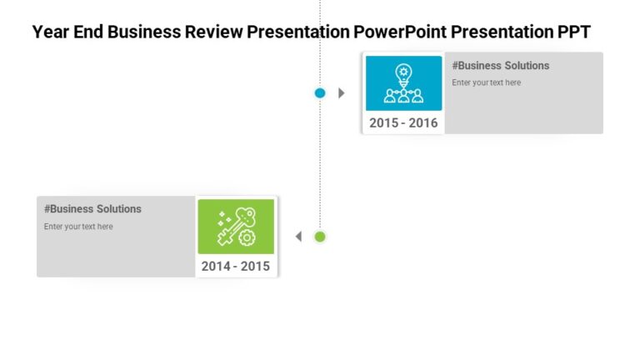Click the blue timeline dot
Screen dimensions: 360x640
(x=320, y=93)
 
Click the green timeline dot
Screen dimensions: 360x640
(x=320, y=237)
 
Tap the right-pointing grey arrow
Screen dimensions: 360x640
(x=341, y=93)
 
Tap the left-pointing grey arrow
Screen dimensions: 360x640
(x=298, y=237)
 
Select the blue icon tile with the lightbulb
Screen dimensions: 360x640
(x=403, y=83)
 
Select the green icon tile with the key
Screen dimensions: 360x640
(x=236, y=227)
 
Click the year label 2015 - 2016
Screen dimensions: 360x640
(x=403, y=123)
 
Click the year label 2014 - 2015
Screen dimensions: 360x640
(x=236, y=267)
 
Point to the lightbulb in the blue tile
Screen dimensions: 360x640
(x=403, y=72)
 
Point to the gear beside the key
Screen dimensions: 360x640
(x=247, y=238)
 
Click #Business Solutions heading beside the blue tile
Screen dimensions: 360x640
(x=501, y=66)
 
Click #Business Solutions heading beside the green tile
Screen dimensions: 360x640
(x=92, y=209)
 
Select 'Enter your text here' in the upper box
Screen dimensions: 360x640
(x=486, y=82)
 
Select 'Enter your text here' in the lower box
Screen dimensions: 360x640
(x=78, y=227)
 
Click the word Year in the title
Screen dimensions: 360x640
(x=49, y=32)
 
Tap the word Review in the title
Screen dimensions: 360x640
(x=215, y=32)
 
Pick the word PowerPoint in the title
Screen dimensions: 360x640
(x=396, y=32)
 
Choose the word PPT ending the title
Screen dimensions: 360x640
(x=575, y=32)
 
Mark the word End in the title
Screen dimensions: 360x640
(x=87, y=32)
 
